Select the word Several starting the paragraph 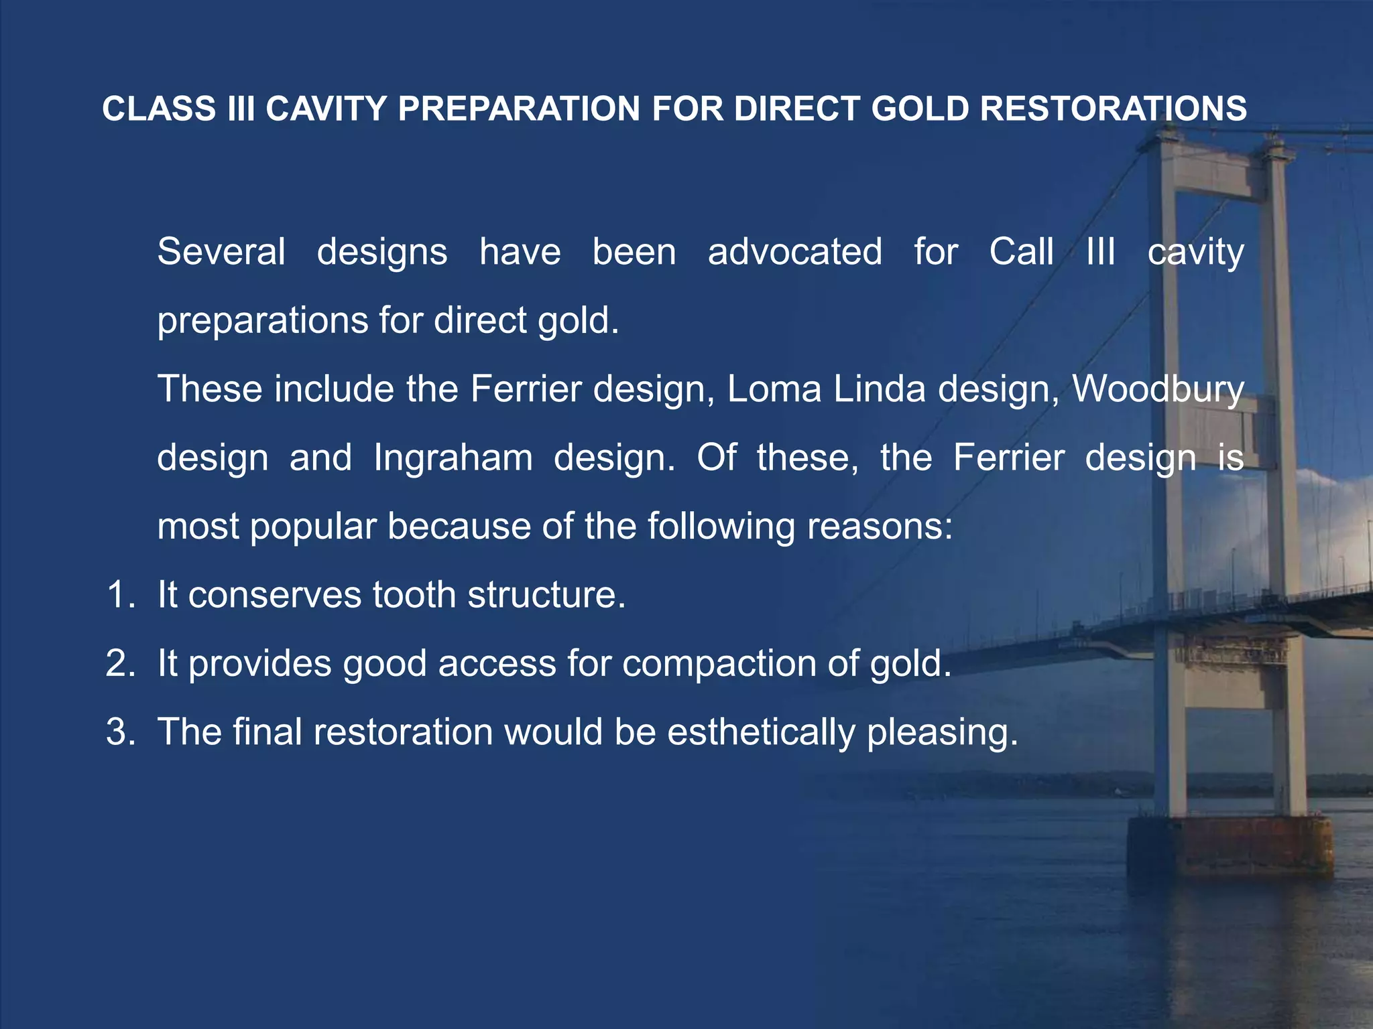coord(221,252)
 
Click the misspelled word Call coord(1021,252)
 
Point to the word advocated coord(795,252)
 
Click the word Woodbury coord(1158,389)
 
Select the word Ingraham coord(453,458)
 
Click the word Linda coord(880,389)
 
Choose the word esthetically coord(761,733)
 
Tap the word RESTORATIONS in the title coord(1113,109)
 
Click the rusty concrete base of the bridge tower coord(1230,847)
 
